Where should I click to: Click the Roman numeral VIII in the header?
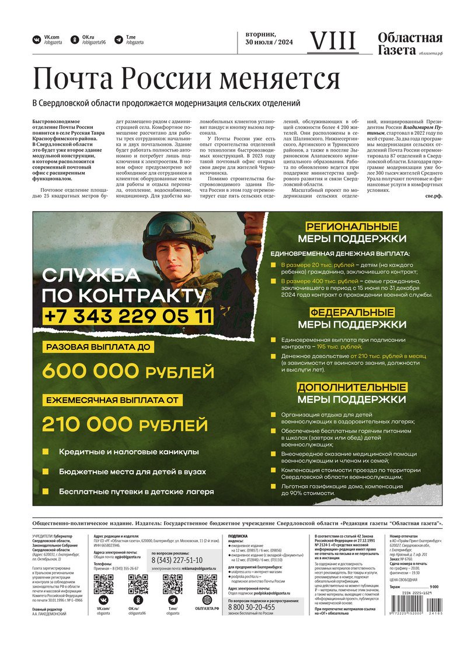click(332, 41)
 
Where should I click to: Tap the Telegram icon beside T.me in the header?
click(117, 40)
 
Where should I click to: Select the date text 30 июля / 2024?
click(269, 43)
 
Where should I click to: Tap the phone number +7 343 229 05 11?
click(128, 316)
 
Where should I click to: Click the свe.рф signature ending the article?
click(434, 195)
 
